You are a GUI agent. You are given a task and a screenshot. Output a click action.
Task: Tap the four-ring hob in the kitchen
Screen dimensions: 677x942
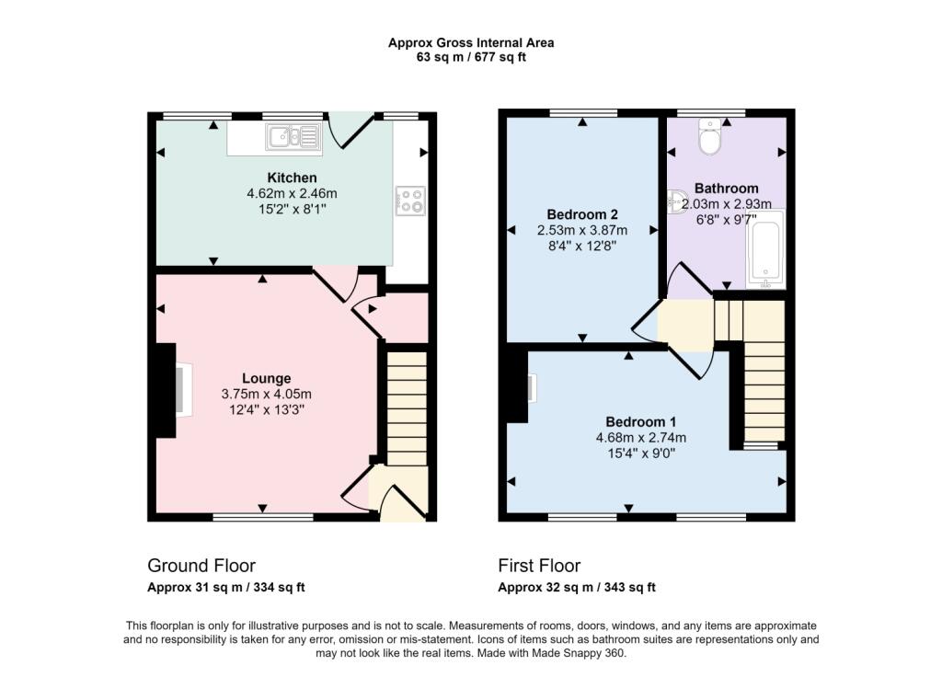click(x=410, y=201)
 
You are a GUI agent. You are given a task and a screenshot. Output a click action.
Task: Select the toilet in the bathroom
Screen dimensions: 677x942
click(x=710, y=138)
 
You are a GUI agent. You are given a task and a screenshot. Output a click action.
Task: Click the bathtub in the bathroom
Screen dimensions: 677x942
click(x=765, y=249)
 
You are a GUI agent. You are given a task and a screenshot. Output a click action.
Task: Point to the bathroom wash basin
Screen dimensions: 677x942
click(x=676, y=200)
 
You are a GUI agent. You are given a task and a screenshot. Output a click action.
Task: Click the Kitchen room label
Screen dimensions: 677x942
click(x=292, y=178)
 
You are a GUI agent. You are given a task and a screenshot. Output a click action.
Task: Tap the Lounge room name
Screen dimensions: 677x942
click(x=267, y=378)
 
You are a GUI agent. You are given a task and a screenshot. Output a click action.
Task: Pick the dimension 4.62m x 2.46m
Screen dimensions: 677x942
click(x=292, y=193)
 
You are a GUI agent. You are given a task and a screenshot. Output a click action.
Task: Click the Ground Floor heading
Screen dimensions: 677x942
click(x=201, y=566)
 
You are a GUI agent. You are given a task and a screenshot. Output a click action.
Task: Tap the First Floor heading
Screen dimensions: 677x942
click(x=539, y=566)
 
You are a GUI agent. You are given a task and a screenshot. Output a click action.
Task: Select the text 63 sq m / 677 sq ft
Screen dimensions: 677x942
click(x=470, y=57)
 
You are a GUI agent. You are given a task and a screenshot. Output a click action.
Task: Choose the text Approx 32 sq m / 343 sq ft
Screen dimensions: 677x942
click(x=577, y=587)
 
